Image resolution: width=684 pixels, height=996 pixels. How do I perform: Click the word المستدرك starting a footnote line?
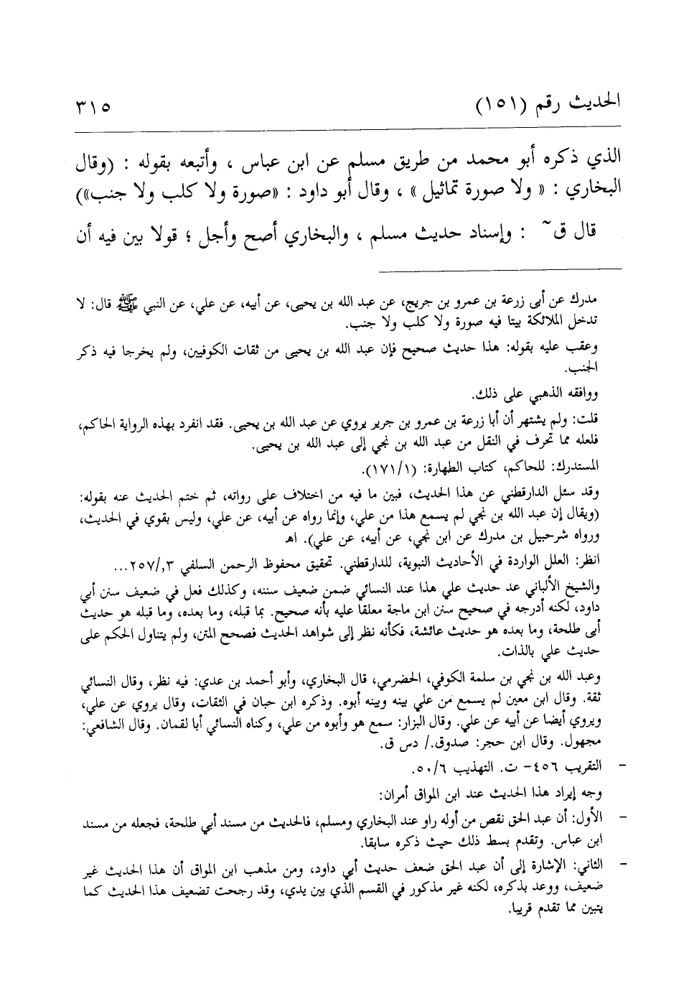click(581, 467)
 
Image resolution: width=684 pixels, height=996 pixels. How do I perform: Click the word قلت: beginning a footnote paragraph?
click(591, 417)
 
